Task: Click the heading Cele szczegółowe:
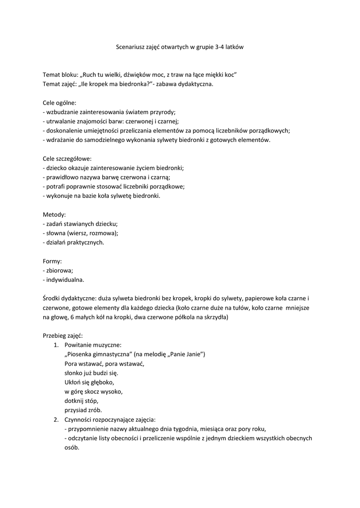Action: pos(67,159)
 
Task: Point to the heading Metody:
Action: pos(54,215)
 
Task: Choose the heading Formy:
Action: pos(53,261)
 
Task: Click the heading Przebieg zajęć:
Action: pos(63,335)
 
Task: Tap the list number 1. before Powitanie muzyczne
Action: pos(56,345)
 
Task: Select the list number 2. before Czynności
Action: pos(56,420)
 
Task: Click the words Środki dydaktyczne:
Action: pos(69,298)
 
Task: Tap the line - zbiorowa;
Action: pos(58,270)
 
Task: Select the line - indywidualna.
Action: pos(64,280)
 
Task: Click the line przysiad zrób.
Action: pos(83,410)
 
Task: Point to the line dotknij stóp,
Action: pos(82,401)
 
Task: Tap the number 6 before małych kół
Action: pos(72,317)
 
